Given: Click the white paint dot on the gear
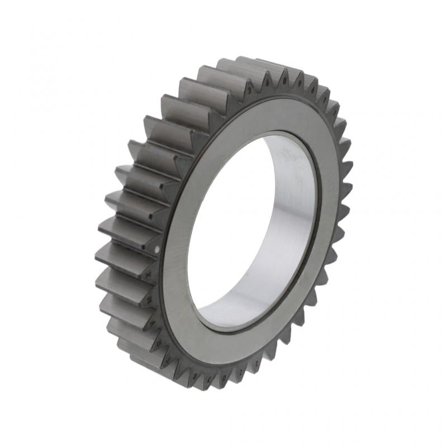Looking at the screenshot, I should [x=157, y=249].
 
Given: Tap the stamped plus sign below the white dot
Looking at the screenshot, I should [x=149, y=274].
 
